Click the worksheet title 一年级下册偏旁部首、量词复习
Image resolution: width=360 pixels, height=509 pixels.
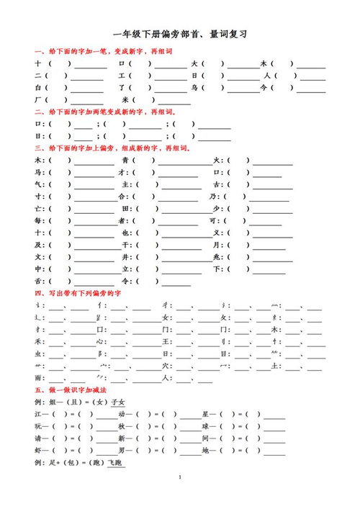click(180, 35)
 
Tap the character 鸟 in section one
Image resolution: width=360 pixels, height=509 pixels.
click(194, 88)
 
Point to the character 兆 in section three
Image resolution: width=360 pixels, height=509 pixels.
click(217, 257)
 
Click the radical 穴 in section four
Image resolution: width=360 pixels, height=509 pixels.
click(166, 366)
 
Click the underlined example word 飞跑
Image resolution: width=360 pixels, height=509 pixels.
click(117, 463)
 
